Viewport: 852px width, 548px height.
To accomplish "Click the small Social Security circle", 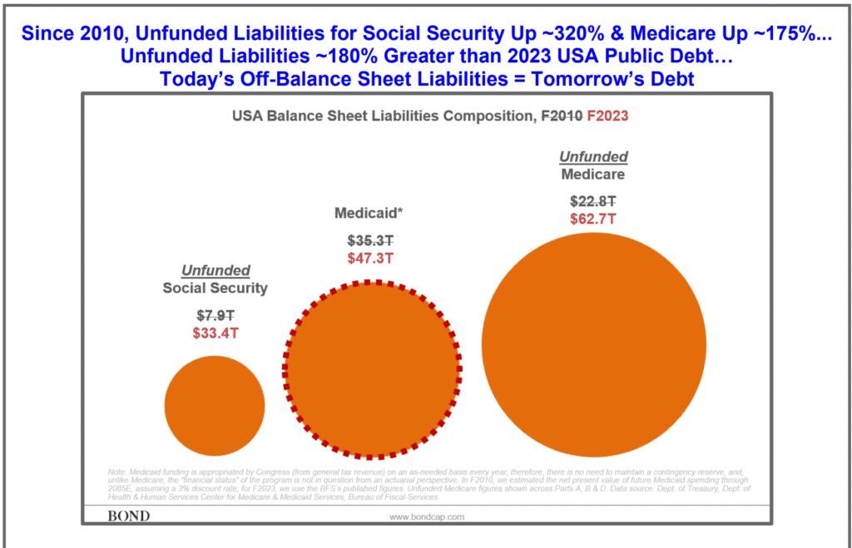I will tap(215, 405).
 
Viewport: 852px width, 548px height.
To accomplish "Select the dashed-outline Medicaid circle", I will tap(373, 370).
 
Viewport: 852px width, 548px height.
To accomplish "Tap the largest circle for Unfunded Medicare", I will tap(593, 345).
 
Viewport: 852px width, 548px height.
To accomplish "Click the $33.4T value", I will tap(215, 333).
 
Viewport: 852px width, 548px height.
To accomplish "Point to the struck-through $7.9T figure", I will tap(215, 317).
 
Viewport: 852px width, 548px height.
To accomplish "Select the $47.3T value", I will tap(370, 258).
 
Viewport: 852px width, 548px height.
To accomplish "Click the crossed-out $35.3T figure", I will tap(370, 241).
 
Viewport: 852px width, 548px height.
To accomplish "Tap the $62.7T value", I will tap(593, 219).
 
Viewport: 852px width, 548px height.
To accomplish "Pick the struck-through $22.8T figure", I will tap(593, 201).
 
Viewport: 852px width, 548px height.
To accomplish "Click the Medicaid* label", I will tap(369, 213).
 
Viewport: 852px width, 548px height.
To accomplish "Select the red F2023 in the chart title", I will tap(607, 116).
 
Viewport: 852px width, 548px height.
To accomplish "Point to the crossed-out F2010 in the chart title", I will tap(560, 116).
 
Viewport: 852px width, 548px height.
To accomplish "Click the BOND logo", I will tap(129, 516).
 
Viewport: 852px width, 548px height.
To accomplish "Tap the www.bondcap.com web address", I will tap(427, 516).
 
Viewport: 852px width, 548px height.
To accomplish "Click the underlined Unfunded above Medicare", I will tap(593, 157).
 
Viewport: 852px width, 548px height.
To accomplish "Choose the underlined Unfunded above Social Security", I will tap(215, 271).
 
